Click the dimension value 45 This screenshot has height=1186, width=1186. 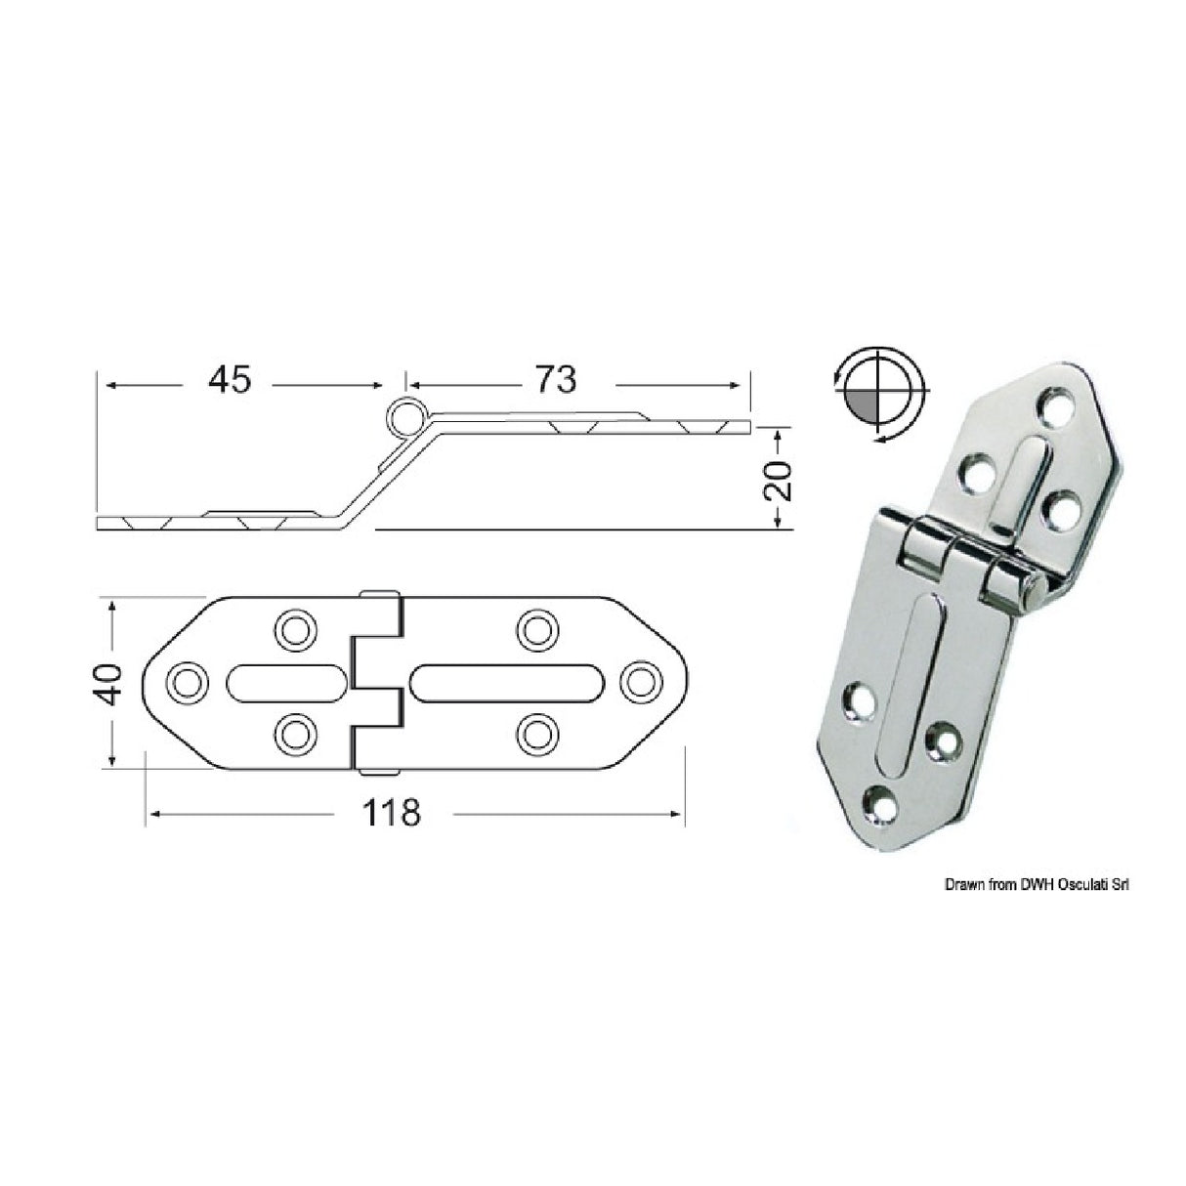click(x=229, y=380)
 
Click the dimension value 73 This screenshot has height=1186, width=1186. click(x=556, y=380)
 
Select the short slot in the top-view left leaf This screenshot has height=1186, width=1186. click(x=285, y=682)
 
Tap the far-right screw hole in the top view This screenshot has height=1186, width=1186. click(x=639, y=682)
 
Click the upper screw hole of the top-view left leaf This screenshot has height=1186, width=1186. click(x=291, y=629)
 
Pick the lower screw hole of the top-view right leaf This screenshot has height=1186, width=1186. click(x=535, y=734)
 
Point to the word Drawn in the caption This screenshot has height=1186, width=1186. click(x=963, y=885)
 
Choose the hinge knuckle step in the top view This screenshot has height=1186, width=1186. click(x=377, y=682)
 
